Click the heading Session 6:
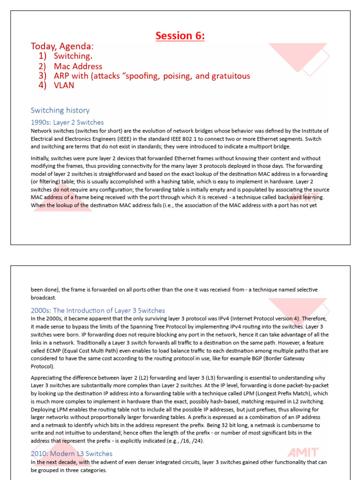180,36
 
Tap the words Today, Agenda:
62,46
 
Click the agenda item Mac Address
78,67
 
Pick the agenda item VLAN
64,85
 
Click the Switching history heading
60,110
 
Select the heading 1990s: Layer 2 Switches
67,122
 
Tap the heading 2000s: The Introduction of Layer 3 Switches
97,310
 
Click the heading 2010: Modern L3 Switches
71,453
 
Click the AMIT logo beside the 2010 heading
303,453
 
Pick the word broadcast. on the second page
44,298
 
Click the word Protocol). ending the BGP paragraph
43,366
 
